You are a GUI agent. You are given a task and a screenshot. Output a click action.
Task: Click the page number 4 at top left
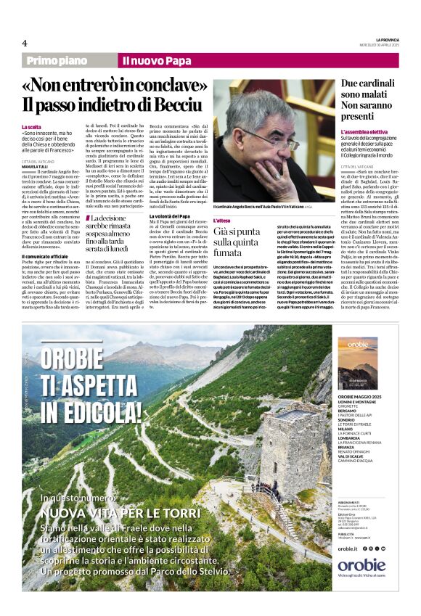pyautogui.click(x=25, y=43)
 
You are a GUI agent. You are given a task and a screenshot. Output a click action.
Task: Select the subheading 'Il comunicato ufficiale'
pyautogui.click(x=45, y=256)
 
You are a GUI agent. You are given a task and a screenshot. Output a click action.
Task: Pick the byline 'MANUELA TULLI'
pyautogui.click(x=37, y=167)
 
